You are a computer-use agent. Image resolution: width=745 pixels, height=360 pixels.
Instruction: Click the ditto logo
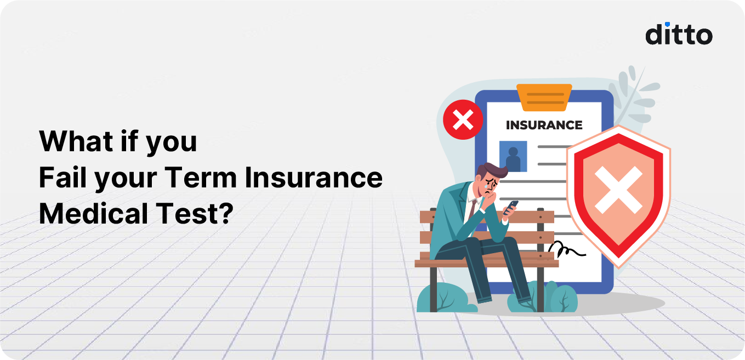[x=679, y=34]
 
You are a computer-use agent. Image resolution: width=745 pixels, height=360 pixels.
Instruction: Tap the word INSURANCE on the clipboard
[x=544, y=125]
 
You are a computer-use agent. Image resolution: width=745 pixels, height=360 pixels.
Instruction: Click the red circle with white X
[x=463, y=119]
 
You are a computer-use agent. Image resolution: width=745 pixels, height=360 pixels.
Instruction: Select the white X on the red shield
[x=618, y=190]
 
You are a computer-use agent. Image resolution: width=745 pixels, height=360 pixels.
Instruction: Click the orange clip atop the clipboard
[x=544, y=98]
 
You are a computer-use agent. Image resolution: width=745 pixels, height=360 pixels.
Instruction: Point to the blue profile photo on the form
[x=513, y=156]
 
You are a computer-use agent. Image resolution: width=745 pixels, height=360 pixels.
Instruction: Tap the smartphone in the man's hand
[x=511, y=207]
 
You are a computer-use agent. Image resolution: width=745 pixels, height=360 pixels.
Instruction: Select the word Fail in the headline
[x=62, y=178]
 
